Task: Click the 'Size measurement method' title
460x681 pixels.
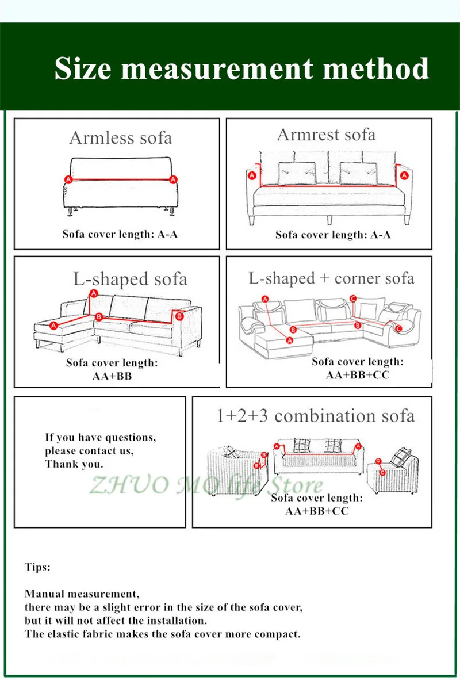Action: pyautogui.click(x=241, y=69)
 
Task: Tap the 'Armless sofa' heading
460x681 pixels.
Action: pyautogui.click(x=120, y=138)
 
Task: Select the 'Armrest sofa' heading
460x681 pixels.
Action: pyautogui.click(x=326, y=135)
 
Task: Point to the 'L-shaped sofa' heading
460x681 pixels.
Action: pyautogui.click(x=130, y=280)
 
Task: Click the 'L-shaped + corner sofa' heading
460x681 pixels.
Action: pyautogui.click(x=331, y=278)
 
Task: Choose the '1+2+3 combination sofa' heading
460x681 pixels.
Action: pyautogui.click(x=315, y=415)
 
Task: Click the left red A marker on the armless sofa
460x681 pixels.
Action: pyautogui.click(x=68, y=179)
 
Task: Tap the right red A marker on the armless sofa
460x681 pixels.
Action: pyautogui.click(x=172, y=179)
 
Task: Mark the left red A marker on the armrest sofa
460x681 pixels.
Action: pyautogui.click(x=251, y=177)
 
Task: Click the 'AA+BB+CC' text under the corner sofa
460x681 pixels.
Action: pyautogui.click(x=357, y=374)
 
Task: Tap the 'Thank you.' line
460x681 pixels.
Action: pyautogui.click(x=74, y=464)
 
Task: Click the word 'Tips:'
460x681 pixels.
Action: pyautogui.click(x=37, y=567)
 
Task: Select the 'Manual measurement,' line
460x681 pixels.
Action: pyautogui.click(x=82, y=593)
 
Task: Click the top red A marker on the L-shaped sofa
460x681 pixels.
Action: pyautogui.click(x=94, y=293)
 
